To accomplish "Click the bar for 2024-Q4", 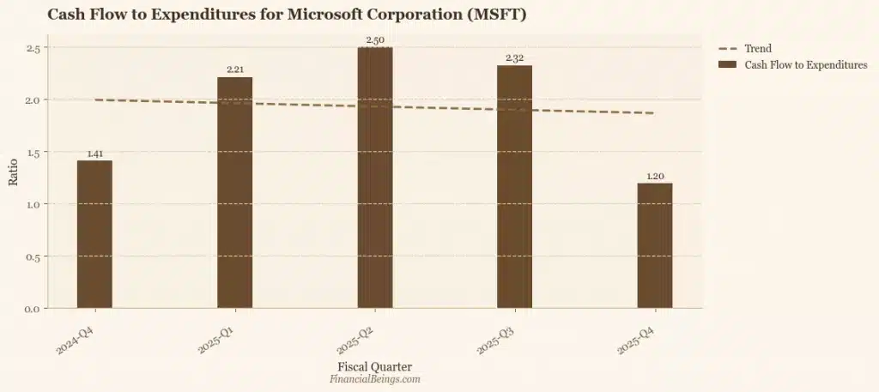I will click(94, 234).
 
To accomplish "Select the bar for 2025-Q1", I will click(234, 193).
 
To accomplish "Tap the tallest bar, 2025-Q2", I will click(375, 178).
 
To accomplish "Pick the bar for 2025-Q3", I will click(514, 187).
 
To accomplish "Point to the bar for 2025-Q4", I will click(655, 245).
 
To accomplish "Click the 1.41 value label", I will click(94, 154).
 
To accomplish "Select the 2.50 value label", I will click(375, 40).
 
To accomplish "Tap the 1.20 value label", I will click(655, 177).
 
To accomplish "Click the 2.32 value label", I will click(514, 58).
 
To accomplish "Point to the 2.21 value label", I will click(234, 70).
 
